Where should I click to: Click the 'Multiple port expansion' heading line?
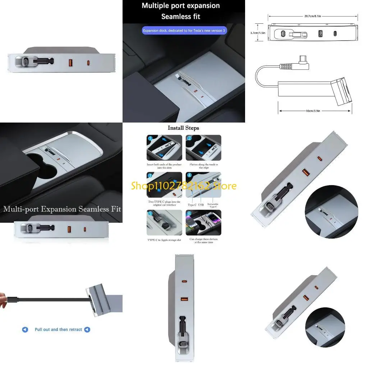[x=181, y=5]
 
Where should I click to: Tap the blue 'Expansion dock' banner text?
[x=184, y=31]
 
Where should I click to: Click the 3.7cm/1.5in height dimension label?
[x=258, y=33]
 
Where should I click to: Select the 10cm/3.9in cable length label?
[x=313, y=111]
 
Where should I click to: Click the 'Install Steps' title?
[x=183, y=128]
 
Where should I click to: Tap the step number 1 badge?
[x=150, y=138]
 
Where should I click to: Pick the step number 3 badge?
[x=150, y=175]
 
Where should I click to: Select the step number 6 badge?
[x=189, y=213]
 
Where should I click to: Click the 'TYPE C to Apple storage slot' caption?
[x=165, y=239]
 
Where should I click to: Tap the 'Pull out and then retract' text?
[x=58, y=330]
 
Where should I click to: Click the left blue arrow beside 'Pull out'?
[x=25, y=330]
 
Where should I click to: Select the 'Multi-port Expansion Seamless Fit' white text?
[x=62, y=209]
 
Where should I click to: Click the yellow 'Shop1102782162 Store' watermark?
[x=184, y=186]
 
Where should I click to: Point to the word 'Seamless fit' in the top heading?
[x=181, y=17]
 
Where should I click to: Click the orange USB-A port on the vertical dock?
[x=184, y=299]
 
